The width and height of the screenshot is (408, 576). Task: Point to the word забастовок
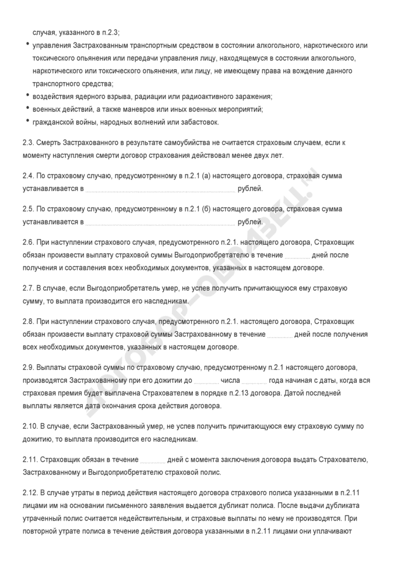point(199,122)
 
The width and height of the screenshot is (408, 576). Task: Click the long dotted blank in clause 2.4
point(161,189)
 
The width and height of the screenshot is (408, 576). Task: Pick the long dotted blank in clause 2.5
point(161,222)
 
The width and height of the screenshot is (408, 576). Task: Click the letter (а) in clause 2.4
point(206,176)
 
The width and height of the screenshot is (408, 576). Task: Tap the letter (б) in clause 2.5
point(206,209)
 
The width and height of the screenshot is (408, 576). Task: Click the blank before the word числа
point(206,381)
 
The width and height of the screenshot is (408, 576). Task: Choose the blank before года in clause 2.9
point(254,381)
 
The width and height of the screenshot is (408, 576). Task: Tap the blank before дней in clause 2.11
point(153,460)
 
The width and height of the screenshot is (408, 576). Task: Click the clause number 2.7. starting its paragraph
point(29,289)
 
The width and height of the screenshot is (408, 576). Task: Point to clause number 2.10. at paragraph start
point(31,426)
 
